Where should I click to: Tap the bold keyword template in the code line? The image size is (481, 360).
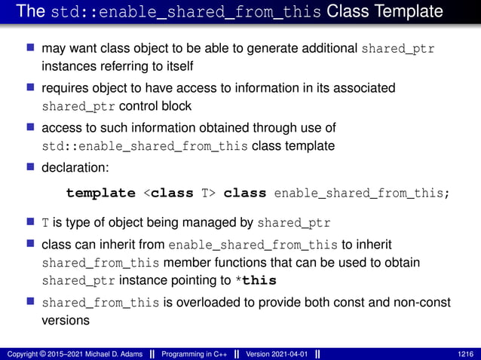point(100,193)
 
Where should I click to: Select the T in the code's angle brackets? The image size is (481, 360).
point(207,193)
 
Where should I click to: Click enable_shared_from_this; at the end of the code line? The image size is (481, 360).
point(362,193)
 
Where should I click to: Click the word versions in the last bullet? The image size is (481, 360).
point(66,320)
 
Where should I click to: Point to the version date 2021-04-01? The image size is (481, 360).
point(290,353)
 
